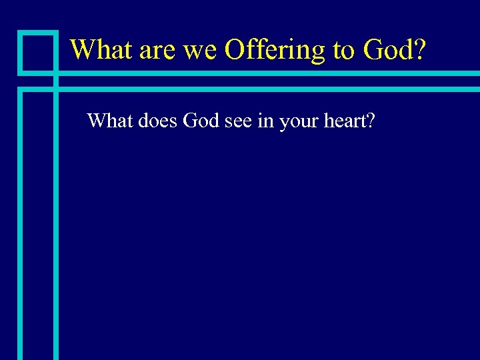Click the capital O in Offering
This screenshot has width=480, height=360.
(x=237, y=49)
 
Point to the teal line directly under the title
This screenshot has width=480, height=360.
(x=267, y=73)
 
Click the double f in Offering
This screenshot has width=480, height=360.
(x=257, y=49)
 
